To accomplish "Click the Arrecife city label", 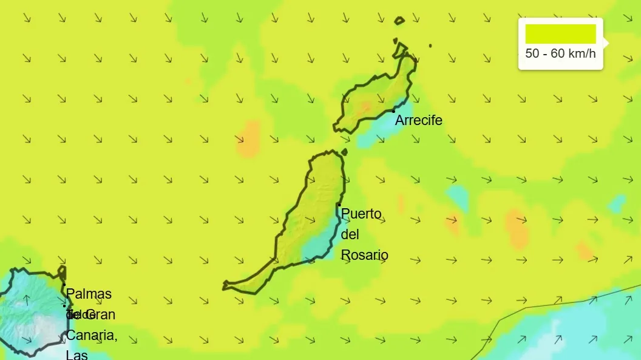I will (x=418, y=120).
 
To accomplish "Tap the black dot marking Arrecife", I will (x=393, y=111).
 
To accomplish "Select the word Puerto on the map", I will (x=361, y=214).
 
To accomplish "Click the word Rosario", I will (x=364, y=255).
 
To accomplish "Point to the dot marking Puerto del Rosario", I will (x=339, y=205).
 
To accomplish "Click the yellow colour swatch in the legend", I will (x=560, y=34).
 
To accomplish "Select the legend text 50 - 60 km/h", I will (x=560, y=53).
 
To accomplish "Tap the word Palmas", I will (x=89, y=294).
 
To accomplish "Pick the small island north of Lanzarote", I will (x=399, y=21).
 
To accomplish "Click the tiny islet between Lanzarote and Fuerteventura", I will (x=344, y=152).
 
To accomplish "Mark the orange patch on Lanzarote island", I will (x=365, y=107).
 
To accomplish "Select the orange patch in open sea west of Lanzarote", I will (x=248, y=139).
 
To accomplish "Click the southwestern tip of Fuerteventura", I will (x=226, y=284).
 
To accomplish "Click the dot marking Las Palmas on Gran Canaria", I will (x=64, y=284).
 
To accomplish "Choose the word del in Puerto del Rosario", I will (x=350, y=234).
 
